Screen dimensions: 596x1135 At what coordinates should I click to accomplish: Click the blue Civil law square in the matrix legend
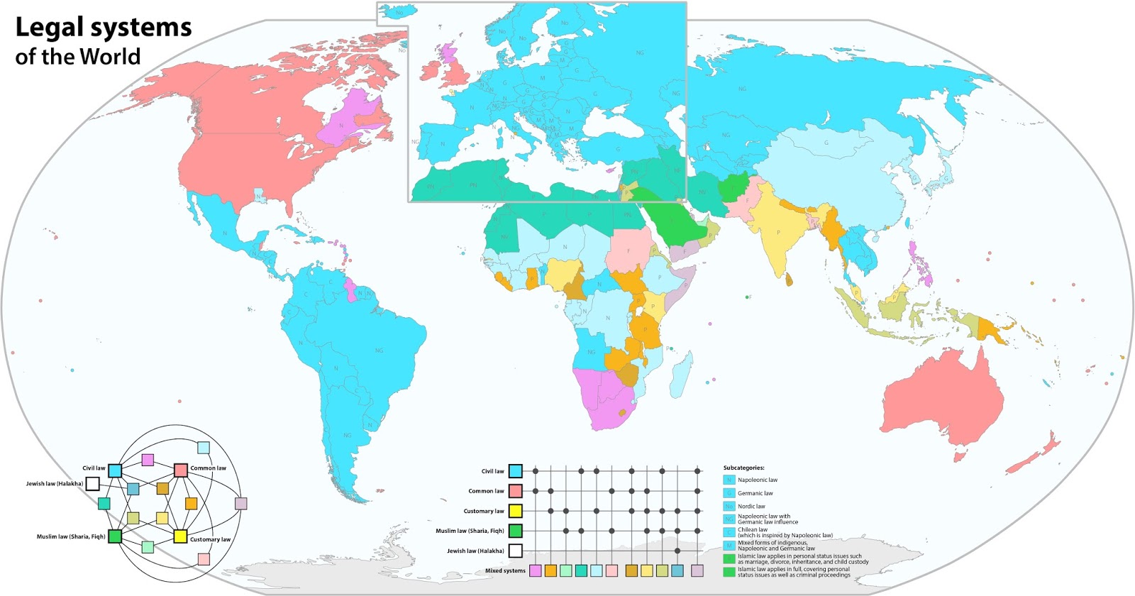click(516, 470)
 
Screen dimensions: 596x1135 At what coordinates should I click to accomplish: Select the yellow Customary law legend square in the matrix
click(516, 511)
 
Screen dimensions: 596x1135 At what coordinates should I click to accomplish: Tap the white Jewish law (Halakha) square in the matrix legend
click(516, 551)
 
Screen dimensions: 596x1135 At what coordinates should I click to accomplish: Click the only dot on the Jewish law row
click(677, 551)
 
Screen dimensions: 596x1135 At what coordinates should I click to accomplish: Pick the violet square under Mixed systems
click(536, 570)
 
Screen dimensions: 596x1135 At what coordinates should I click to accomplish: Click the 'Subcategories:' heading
click(743, 468)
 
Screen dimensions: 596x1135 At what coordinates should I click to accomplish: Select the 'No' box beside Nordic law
click(729, 506)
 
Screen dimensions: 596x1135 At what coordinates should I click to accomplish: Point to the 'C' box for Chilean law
click(729, 532)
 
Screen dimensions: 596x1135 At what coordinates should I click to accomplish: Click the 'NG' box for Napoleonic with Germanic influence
click(729, 519)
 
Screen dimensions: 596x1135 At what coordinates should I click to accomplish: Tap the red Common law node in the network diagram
click(181, 470)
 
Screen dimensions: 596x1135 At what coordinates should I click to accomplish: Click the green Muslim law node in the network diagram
click(114, 536)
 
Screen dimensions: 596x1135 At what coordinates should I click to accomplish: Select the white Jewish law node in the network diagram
click(92, 484)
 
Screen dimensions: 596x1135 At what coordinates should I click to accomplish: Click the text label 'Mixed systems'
click(505, 570)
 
